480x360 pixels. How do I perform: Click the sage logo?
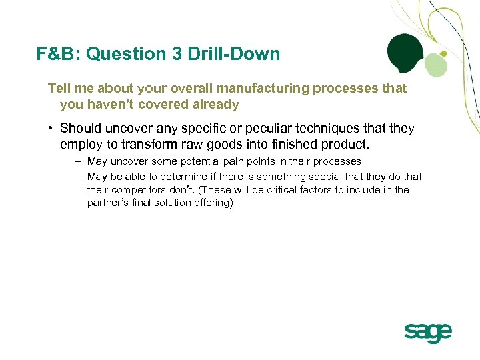click(427, 332)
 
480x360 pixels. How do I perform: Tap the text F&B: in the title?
click(59, 54)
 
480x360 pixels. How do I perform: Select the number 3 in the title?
click(177, 54)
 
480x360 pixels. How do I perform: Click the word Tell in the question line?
click(59, 89)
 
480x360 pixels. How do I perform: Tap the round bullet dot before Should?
click(51, 129)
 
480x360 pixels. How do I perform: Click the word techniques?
click(313, 128)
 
